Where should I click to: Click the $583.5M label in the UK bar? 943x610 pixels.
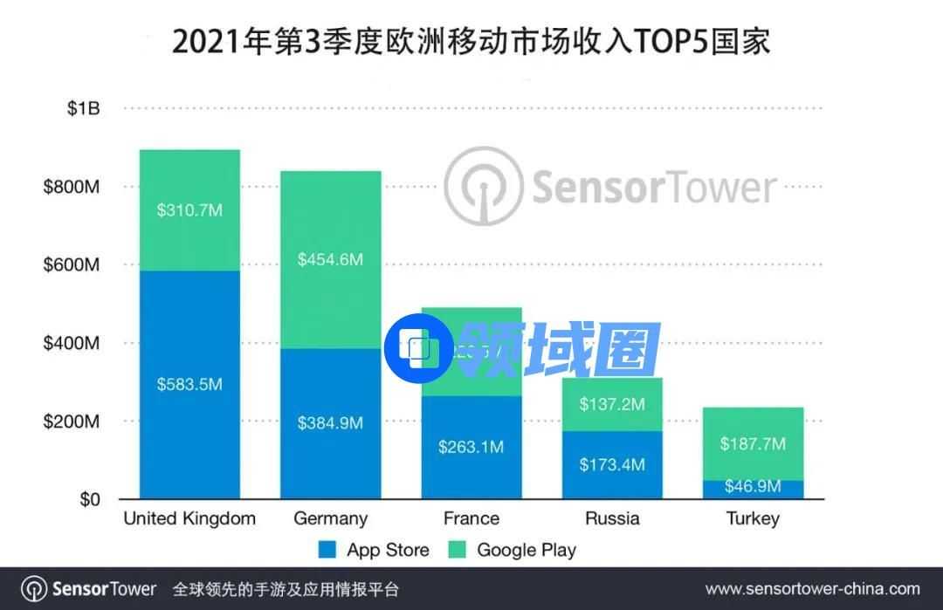189,384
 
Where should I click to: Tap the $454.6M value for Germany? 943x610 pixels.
330,259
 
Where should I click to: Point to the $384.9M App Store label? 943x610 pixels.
330,423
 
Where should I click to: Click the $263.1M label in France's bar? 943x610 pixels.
471,447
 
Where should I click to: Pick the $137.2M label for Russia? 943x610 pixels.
612,404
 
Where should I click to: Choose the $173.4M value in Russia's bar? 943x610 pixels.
612,464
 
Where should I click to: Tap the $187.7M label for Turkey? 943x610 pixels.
753,444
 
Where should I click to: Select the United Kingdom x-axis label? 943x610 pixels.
189,518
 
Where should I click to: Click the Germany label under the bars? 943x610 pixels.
330,518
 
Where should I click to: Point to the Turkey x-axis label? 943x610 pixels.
753,518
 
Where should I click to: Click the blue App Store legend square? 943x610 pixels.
327,550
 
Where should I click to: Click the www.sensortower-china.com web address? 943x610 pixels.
812,589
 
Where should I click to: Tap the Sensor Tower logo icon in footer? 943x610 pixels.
34,589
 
